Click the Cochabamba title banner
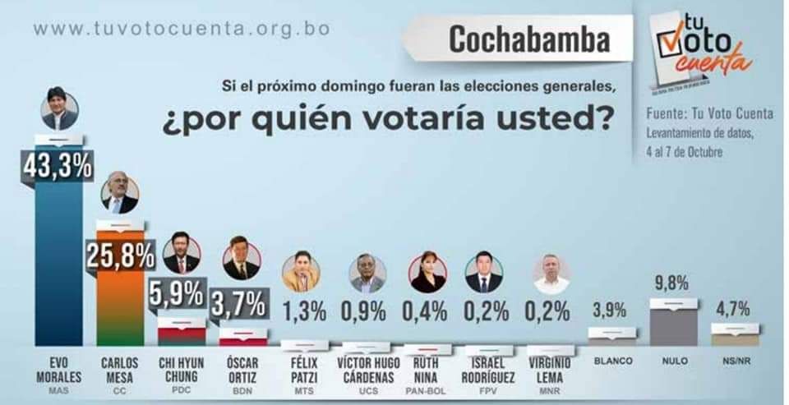pyautogui.click(x=530, y=39)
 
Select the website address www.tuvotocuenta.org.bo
pyautogui.click(x=182, y=28)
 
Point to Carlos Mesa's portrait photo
pyautogui.click(x=120, y=194)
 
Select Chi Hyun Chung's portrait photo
pyautogui.click(x=180, y=254)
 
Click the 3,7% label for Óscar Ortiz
pyautogui.click(x=239, y=306)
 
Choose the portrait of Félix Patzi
pyautogui.click(x=300, y=271)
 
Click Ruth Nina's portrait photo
pyautogui.click(x=427, y=272)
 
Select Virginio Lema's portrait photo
pyautogui.click(x=550, y=274)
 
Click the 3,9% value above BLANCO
pyautogui.click(x=610, y=311)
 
